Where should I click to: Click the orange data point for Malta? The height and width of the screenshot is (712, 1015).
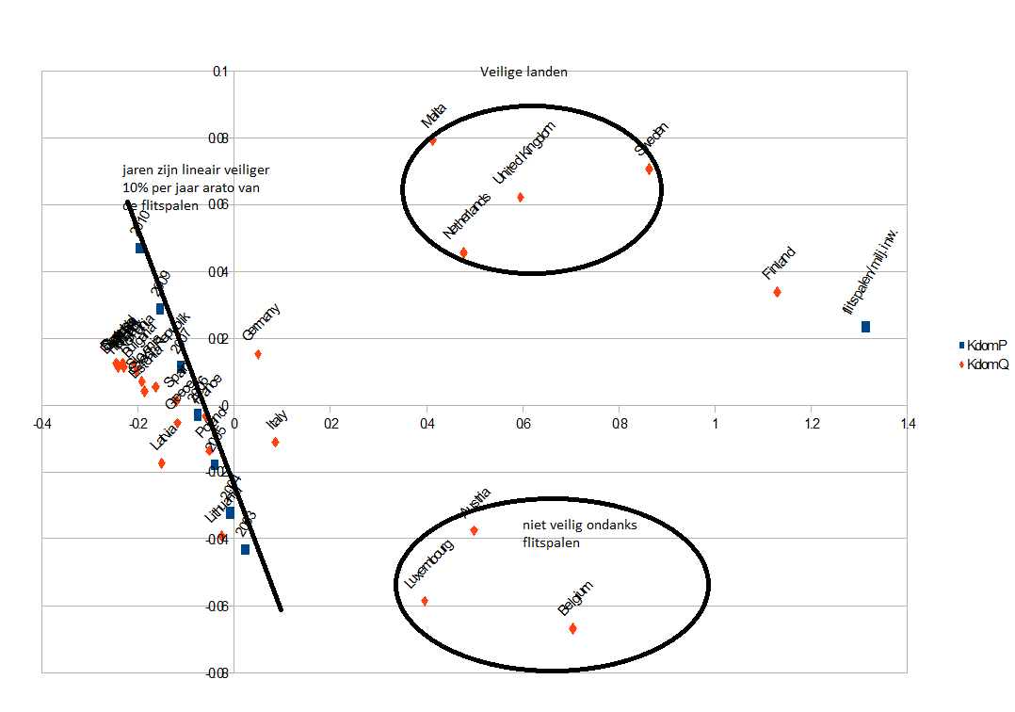click(x=433, y=140)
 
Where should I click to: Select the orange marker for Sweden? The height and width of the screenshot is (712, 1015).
click(x=649, y=169)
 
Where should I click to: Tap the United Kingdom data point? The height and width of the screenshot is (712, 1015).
click(x=521, y=197)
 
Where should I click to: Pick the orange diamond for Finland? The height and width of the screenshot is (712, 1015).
click(x=777, y=292)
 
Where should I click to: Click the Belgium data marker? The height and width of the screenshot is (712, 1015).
click(x=572, y=628)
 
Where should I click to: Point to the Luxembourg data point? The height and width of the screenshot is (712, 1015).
click(x=425, y=601)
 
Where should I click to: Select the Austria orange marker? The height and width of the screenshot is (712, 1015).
click(x=474, y=530)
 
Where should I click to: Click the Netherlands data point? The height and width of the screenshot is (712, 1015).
click(x=463, y=252)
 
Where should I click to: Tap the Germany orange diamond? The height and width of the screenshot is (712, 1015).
click(x=258, y=354)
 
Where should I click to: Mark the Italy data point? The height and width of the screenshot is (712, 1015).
click(x=275, y=442)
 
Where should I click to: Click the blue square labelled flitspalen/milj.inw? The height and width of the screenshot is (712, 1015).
click(x=865, y=327)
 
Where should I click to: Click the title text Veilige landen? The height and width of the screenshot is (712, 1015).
click(x=524, y=72)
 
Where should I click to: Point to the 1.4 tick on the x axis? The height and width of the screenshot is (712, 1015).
click(x=907, y=424)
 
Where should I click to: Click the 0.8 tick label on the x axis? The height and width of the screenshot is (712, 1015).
click(x=619, y=424)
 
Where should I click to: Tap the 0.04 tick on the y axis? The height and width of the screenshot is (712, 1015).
click(x=218, y=272)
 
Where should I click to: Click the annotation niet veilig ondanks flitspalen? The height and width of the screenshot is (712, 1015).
click(x=579, y=534)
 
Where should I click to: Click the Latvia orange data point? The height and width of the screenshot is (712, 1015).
click(x=162, y=462)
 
